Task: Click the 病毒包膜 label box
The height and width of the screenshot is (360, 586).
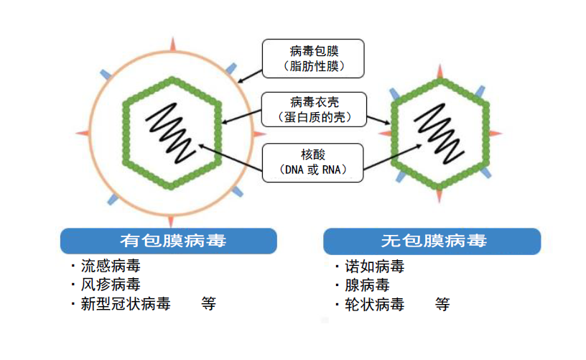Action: pyautogui.click(x=313, y=58)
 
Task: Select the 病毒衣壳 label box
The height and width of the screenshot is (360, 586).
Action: pyautogui.click(x=314, y=109)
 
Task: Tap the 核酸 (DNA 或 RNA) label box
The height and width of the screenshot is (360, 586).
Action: pyautogui.click(x=313, y=162)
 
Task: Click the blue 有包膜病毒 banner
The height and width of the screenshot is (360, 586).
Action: pyautogui.click(x=169, y=241)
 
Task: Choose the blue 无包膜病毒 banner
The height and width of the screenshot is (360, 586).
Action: pyautogui.click(x=432, y=241)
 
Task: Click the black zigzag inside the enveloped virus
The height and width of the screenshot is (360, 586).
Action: pyautogui.click(x=170, y=133)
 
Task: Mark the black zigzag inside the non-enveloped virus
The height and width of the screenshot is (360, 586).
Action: pyautogui.click(x=439, y=134)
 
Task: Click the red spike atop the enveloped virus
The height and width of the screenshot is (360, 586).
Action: pyautogui.click(x=172, y=45)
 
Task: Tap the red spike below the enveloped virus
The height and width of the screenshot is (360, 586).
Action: pyautogui.click(x=171, y=221)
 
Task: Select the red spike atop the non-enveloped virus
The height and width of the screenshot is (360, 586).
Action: pyautogui.click(x=440, y=71)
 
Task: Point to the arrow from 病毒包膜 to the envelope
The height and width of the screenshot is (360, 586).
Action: pyautogui.click(x=250, y=76)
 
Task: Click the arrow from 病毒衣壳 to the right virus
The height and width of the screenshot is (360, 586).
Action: pyautogui.click(x=378, y=120)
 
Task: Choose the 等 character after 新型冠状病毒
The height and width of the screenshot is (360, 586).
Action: pyautogui.click(x=208, y=304)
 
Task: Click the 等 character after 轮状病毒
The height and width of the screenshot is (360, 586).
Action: pyautogui.click(x=442, y=305)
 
